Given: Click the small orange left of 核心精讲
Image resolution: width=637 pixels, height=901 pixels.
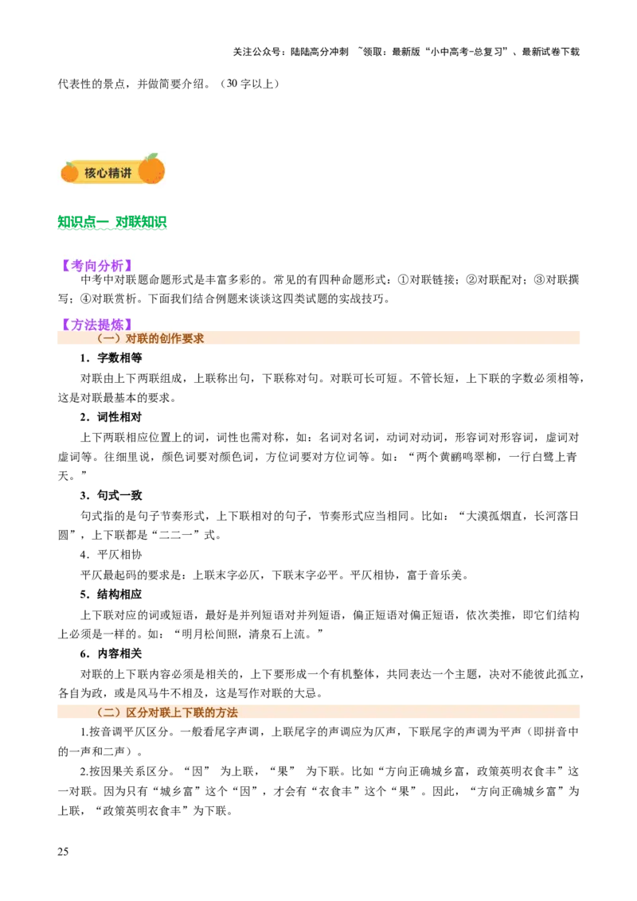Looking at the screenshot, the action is pos(70,171).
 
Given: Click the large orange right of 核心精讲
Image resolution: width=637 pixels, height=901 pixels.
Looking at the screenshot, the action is pos(151,170).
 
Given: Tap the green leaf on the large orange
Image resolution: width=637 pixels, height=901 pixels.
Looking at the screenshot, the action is pos(151,157).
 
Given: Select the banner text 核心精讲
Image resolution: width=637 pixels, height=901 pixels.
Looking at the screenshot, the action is pos(108,173).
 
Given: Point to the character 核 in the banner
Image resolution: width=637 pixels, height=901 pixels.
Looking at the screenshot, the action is pos(91,173).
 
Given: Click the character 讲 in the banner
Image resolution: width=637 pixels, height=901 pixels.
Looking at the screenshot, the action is pos(126,173).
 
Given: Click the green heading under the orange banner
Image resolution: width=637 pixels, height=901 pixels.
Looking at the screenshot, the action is pos(112,222).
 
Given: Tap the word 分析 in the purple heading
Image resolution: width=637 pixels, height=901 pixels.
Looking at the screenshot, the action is pos(111,266).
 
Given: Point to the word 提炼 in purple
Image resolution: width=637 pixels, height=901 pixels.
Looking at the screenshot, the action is pos(111,325).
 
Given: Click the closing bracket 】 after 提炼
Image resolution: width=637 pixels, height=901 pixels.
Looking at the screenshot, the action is pos(128,325).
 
